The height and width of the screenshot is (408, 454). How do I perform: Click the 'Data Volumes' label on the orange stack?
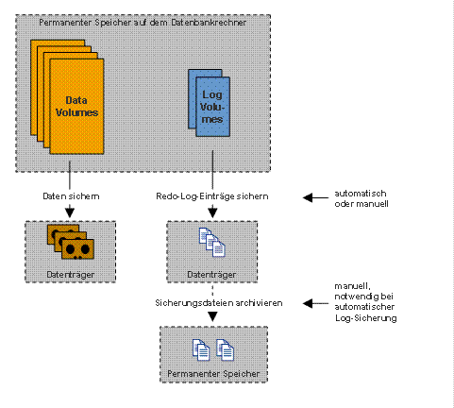click(x=76, y=106)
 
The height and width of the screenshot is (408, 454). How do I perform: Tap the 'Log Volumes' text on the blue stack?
click(x=212, y=107)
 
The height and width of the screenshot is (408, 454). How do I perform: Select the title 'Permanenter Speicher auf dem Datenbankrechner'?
click(x=143, y=23)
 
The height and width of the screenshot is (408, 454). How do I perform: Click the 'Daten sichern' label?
click(x=71, y=196)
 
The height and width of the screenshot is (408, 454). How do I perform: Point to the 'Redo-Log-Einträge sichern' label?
click(x=212, y=196)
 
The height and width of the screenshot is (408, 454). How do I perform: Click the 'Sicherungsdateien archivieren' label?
click(x=219, y=303)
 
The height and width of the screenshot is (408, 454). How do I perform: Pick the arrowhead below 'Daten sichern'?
click(x=70, y=212)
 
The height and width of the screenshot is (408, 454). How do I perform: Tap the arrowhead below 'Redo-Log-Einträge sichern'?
click(x=212, y=212)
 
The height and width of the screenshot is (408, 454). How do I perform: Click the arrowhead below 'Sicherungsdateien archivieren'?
click(x=212, y=316)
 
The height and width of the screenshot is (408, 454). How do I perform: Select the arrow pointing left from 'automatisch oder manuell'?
click(x=315, y=197)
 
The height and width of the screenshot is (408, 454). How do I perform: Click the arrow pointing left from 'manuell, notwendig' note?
click(x=315, y=303)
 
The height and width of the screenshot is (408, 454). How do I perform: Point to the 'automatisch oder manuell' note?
click(x=362, y=198)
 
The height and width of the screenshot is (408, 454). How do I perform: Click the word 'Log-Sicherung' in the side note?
click(x=366, y=318)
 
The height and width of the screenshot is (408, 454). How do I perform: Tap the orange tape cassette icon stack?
click(x=71, y=242)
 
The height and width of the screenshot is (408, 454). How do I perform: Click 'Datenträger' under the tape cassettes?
click(x=71, y=275)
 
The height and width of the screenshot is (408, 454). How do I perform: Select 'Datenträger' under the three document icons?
click(x=211, y=275)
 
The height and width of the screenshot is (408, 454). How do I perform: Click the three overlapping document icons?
click(x=212, y=242)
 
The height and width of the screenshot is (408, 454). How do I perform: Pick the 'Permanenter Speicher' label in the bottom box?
click(x=213, y=374)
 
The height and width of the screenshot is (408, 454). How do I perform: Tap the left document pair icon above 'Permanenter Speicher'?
click(x=201, y=349)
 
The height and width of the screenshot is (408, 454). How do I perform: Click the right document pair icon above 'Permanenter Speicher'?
click(x=226, y=349)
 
